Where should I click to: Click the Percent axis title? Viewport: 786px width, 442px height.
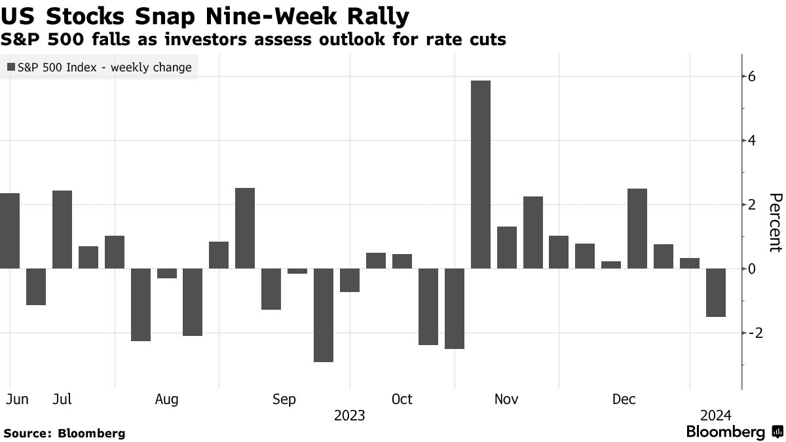(775, 223)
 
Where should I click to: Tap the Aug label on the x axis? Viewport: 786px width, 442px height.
(167, 399)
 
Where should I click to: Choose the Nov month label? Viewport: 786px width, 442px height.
(506, 399)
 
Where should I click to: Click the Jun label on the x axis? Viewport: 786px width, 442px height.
(17, 399)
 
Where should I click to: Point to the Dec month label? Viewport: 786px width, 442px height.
(624, 399)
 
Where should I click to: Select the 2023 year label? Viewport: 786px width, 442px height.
(349, 416)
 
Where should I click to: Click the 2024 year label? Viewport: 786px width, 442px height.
(715, 416)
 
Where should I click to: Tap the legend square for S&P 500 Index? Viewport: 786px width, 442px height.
(11, 67)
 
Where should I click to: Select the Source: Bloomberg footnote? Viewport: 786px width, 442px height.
(64, 433)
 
